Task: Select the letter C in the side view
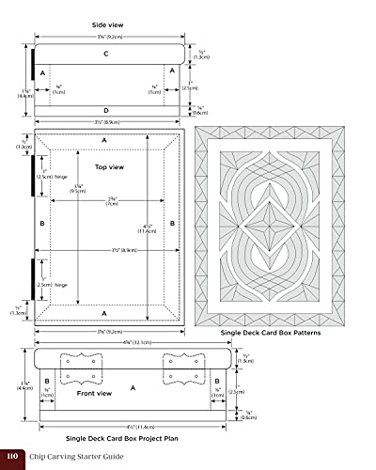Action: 105,54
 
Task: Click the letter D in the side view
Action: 105,111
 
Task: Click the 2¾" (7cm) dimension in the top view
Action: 112,226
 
